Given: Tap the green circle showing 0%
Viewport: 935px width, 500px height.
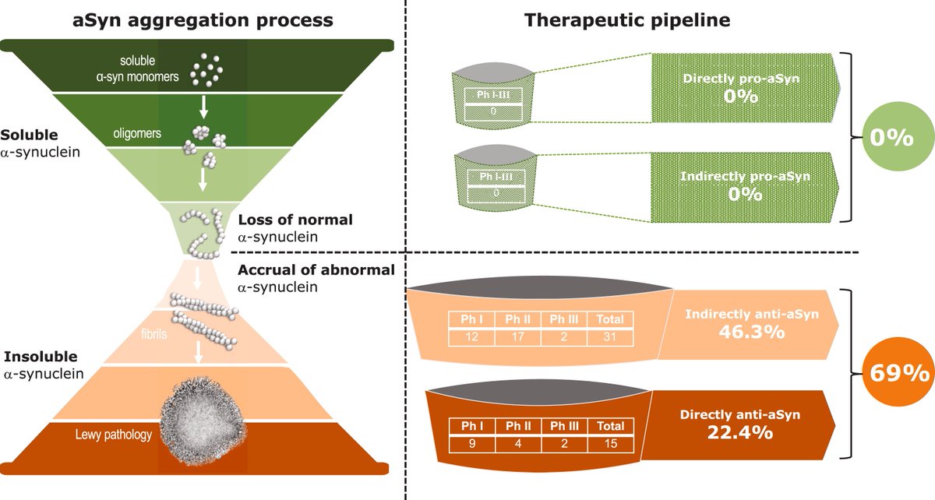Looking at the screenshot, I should [891, 138].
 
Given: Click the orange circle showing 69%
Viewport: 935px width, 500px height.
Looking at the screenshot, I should [892, 372].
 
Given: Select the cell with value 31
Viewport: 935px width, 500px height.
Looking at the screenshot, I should [610, 336].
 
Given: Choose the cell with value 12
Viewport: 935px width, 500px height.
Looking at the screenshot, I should [471, 336].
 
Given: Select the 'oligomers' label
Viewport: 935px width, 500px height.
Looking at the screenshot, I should [136, 133].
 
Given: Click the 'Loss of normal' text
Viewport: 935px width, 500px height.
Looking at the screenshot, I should [295, 220].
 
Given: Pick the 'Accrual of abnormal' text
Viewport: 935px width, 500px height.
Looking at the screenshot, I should [316, 270].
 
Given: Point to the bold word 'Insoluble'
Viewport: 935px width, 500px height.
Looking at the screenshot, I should [41, 357].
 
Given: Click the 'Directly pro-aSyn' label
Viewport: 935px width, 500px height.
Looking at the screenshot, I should [746, 79].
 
